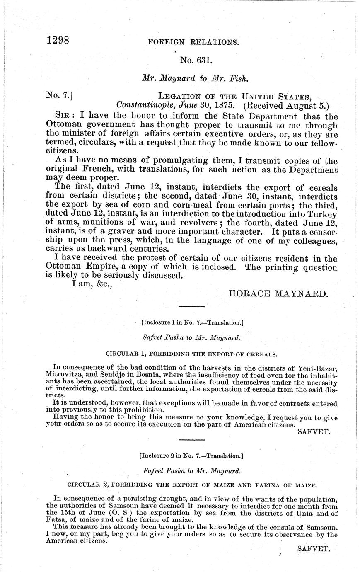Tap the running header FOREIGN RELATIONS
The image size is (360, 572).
pyautogui.click(x=193, y=42)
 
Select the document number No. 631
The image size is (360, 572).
pyautogui.click(x=197, y=61)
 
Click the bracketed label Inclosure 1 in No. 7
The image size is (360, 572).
pyautogui.click(x=192, y=322)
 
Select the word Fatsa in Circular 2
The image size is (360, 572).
pyautogui.click(x=56, y=520)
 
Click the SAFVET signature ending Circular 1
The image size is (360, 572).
pyautogui.click(x=314, y=432)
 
